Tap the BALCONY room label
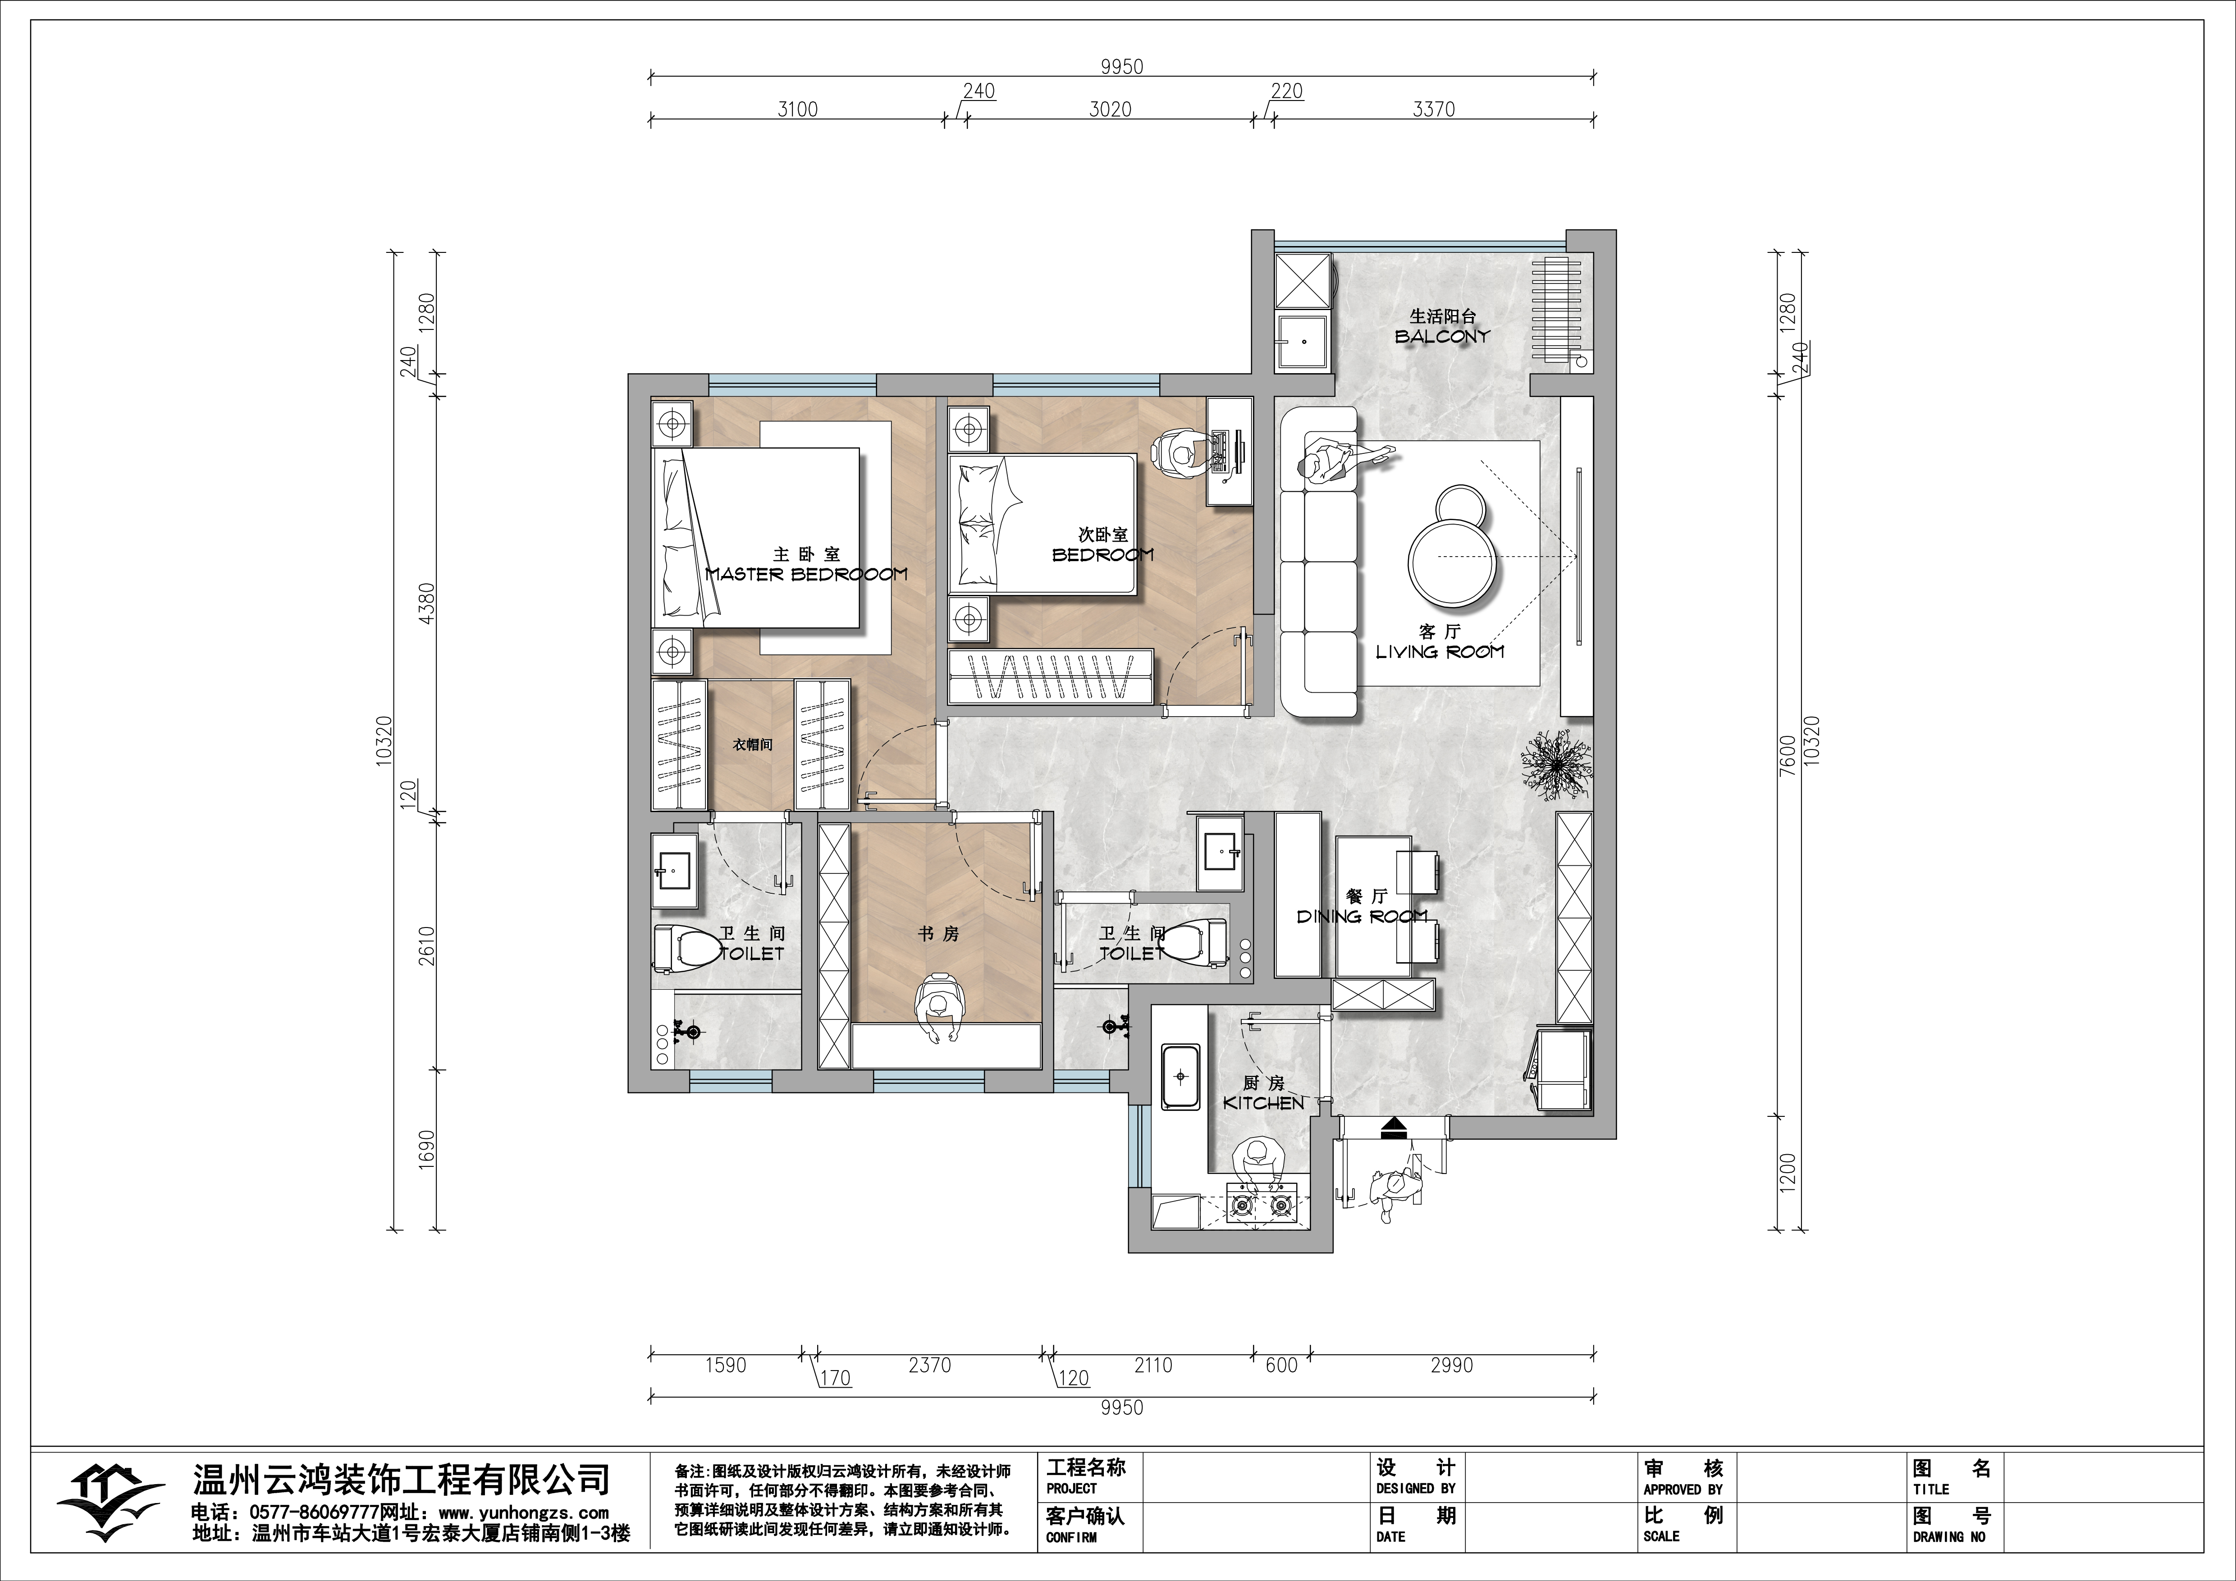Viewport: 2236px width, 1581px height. coord(1442,336)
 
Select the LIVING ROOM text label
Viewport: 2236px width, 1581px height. coord(1440,651)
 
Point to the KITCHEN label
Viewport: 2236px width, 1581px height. coord(1263,1103)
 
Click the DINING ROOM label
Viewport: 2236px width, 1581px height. coord(1362,916)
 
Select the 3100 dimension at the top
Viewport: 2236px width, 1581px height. coord(796,109)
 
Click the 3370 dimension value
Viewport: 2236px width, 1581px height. coord(1434,109)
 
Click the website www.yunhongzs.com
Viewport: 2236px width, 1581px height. coord(524,1513)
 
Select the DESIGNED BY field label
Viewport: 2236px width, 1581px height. coord(1416,1489)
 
